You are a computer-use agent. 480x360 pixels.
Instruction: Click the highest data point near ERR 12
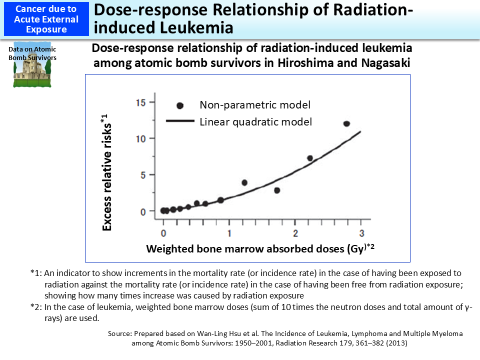point(346,123)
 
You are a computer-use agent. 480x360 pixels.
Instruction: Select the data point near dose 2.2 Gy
point(310,158)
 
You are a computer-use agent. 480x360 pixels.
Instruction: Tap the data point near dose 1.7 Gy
point(277,190)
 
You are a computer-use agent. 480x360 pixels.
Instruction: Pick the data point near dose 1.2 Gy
point(244,182)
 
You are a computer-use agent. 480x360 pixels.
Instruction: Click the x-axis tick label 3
point(361,233)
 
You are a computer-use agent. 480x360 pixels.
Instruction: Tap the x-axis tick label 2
point(295,233)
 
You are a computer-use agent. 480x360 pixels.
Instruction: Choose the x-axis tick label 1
point(229,233)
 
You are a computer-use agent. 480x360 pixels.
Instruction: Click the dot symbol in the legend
point(180,105)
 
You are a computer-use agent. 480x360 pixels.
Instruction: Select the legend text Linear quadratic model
point(255,121)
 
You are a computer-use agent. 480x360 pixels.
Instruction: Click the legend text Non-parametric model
point(255,105)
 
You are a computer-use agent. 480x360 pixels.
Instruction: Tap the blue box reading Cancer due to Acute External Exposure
point(46,19)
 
